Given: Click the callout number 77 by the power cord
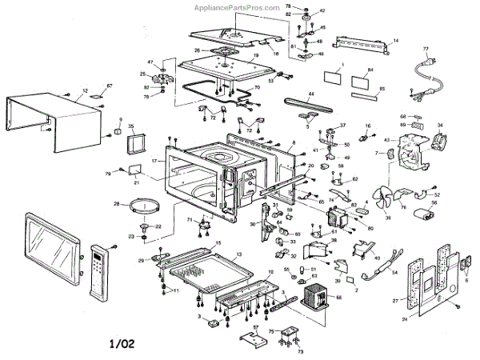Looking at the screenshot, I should (426, 50).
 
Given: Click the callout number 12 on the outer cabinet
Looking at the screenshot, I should (85, 91).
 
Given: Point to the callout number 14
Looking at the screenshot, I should (394, 39).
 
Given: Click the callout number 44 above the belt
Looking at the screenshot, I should (311, 94).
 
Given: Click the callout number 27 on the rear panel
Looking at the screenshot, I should (394, 301).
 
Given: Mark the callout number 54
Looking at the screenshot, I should (394, 272).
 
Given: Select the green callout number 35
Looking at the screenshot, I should (132, 126).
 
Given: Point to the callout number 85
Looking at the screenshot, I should (382, 88).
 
